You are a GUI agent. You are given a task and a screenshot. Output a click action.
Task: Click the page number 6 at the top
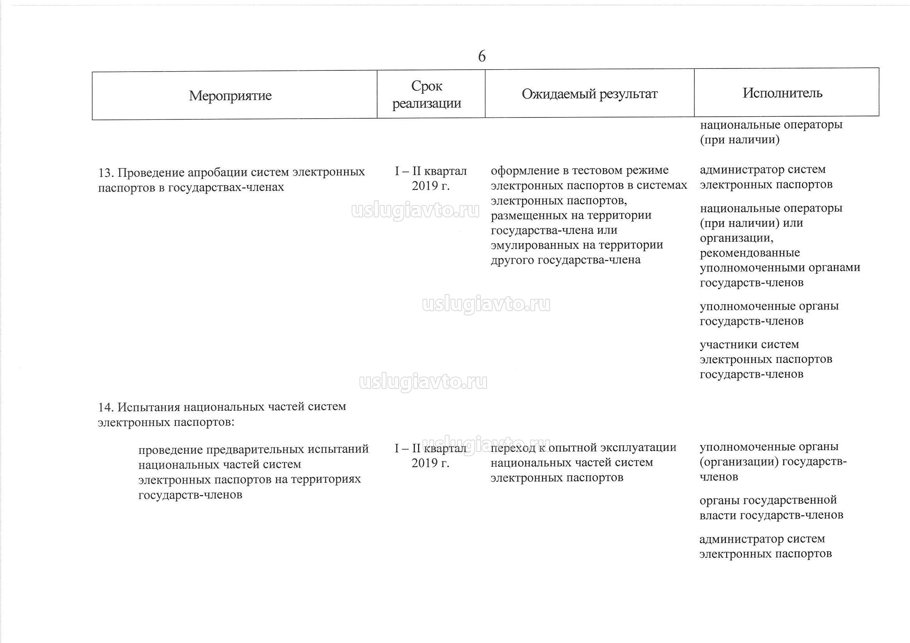(481, 56)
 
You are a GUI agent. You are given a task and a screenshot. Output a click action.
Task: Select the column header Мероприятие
(230, 95)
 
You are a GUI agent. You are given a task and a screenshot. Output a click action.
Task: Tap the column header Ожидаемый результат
(589, 94)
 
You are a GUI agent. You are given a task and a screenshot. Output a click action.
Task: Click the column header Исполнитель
(782, 93)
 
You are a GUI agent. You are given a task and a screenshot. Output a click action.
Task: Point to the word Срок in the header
(427, 86)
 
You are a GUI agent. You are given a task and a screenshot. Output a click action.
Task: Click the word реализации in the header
(427, 103)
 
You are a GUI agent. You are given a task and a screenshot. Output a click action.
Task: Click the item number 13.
(106, 173)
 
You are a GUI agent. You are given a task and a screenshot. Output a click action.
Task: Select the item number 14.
(106, 407)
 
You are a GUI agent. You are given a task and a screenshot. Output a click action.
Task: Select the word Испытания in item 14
(149, 407)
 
